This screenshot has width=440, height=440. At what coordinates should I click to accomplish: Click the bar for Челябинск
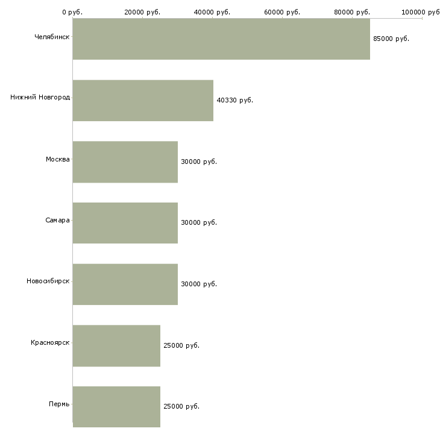tap(221, 39)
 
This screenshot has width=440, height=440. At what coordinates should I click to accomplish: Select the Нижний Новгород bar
tap(143, 101)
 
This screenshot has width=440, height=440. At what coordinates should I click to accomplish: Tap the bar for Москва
tap(125, 162)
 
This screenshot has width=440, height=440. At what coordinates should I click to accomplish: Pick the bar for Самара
tap(125, 223)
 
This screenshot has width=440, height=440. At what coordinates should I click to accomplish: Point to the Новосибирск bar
tap(125, 284)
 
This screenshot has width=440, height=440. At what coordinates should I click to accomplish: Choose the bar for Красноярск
tap(117, 346)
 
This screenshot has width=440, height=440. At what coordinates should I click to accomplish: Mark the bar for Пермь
tap(117, 407)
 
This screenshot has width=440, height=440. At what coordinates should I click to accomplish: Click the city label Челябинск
tap(52, 37)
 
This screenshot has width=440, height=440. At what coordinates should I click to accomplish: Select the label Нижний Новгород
tap(40, 97)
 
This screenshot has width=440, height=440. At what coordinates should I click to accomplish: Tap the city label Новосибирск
tap(48, 281)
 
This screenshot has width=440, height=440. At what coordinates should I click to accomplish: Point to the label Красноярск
tap(50, 342)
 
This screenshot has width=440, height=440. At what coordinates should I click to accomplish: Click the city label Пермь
tap(59, 404)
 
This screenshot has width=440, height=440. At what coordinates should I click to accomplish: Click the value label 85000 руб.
tap(391, 39)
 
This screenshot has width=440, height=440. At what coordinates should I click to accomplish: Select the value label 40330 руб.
tap(235, 100)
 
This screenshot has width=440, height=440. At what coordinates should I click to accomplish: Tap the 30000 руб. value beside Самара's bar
tap(199, 222)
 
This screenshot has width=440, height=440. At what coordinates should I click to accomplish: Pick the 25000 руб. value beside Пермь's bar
tap(181, 406)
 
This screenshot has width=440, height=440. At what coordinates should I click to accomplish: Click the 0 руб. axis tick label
tap(72, 12)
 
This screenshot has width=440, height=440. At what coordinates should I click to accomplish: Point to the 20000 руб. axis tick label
tap(142, 12)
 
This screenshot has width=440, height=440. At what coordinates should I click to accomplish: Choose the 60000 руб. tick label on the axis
tap(282, 12)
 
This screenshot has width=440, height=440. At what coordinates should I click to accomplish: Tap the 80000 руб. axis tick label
tap(352, 12)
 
